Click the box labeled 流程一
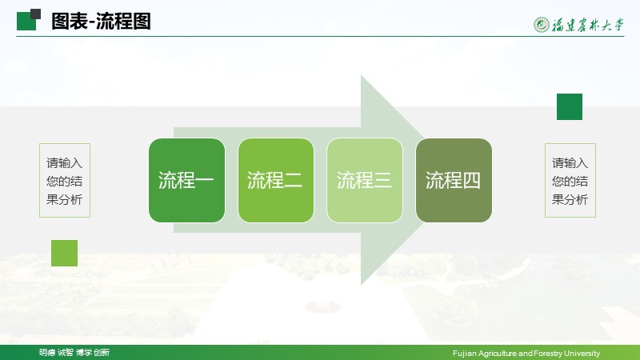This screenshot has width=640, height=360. pyautogui.click(x=186, y=180)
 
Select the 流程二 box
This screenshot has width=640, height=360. pyautogui.click(x=276, y=180)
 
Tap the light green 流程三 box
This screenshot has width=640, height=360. pyautogui.click(x=365, y=180)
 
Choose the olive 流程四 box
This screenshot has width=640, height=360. pyautogui.click(x=454, y=180)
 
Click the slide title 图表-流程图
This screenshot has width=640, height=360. pyautogui.click(x=101, y=22)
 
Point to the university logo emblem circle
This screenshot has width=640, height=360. pyautogui.click(x=542, y=25)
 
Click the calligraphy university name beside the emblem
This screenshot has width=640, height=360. pyautogui.click(x=588, y=25)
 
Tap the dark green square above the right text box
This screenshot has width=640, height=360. pyautogui.click(x=570, y=106)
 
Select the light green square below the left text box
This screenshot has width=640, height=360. pyautogui.click(x=64, y=253)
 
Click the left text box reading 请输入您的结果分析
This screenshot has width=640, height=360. pyautogui.click(x=65, y=181)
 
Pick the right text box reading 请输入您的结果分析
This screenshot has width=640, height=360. pyautogui.click(x=570, y=181)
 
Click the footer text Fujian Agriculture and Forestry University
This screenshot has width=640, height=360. pyautogui.click(x=526, y=353)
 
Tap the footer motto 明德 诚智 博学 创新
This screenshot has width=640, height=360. pyautogui.click(x=74, y=352)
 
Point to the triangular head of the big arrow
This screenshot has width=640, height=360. pyautogui.click(x=392, y=180)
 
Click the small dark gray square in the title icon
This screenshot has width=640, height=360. pyautogui.click(x=35, y=14)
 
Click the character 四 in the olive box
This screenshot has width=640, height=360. pyautogui.click(x=471, y=180)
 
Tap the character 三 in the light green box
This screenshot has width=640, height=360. pyautogui.click(x=382, y=180)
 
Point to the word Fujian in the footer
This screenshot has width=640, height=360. pyautogui.click(x=465, y=353)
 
